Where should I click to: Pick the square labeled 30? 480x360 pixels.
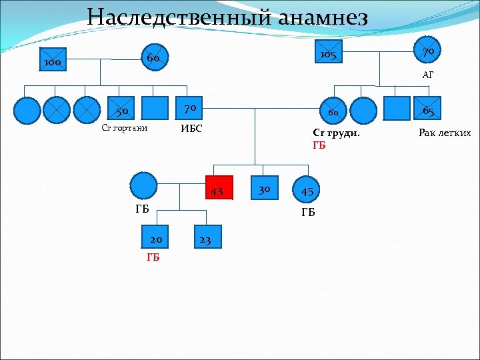(x=264, y=188)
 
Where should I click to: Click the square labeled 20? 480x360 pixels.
(x=156, y=238)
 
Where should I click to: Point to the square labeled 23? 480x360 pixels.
(x=204, y=238)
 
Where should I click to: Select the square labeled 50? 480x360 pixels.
(x=121, y=109)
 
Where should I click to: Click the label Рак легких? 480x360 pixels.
(x=445, y=133)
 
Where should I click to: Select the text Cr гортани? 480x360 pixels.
(x=124, y=128)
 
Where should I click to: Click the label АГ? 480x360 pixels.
(x=427, y=75)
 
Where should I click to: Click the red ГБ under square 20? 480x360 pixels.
(x=153, y=258)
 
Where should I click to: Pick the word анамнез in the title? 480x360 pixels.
(x=320, y=17)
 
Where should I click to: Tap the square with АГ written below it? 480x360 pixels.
(x=427, y=53)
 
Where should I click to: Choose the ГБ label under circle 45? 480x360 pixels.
(x=308, y=213)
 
